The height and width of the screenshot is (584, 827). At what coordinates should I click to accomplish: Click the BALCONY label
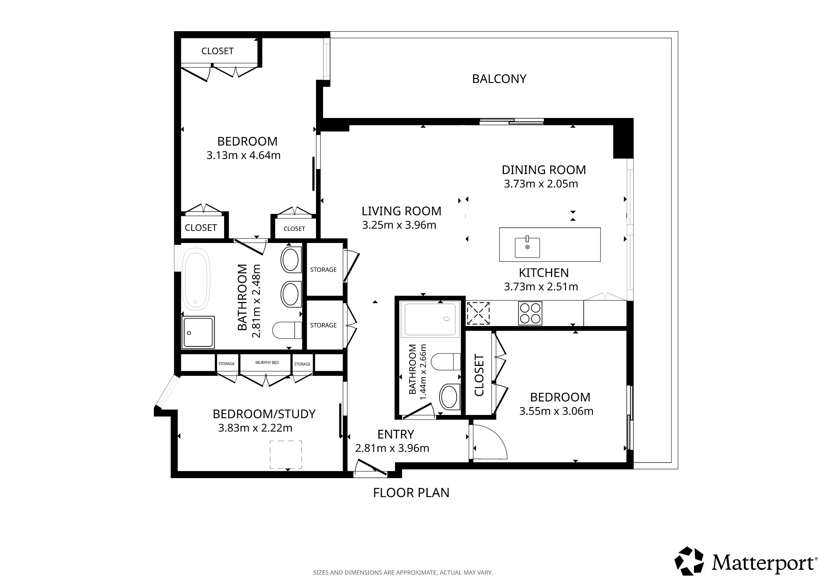(499, 79)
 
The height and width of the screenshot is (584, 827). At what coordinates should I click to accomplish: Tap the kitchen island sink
(527, 247)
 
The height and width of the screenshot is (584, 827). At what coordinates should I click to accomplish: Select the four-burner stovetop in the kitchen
(530, 313)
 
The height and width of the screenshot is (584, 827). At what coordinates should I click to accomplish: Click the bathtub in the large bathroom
(196, 279)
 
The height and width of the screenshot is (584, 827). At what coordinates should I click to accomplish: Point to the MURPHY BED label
(267, 363)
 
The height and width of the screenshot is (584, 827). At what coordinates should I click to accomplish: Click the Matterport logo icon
(689, 561)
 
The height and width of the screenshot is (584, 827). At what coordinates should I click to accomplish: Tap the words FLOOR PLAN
(411, 493)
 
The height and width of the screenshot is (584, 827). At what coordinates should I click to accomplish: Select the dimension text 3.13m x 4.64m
(243, 155)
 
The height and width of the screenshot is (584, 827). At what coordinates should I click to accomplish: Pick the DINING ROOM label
(543, 170)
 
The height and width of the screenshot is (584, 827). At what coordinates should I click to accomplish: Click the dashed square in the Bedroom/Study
(286, 454)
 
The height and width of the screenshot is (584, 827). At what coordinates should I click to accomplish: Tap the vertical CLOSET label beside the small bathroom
(479, 375)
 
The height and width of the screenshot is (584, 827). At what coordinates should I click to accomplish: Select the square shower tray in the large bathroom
(198, 332)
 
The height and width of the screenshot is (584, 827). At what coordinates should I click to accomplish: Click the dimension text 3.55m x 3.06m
(556, 411)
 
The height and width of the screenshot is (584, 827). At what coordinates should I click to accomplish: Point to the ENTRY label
(395, 434)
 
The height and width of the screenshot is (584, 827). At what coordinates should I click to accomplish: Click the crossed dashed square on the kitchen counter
(478, 313)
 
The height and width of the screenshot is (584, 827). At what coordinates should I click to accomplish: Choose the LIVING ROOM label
(401, 211)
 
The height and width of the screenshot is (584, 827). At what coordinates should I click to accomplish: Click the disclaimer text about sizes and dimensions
(402, 572)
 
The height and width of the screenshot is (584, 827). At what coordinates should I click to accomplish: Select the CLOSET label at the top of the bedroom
(217, 51)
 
